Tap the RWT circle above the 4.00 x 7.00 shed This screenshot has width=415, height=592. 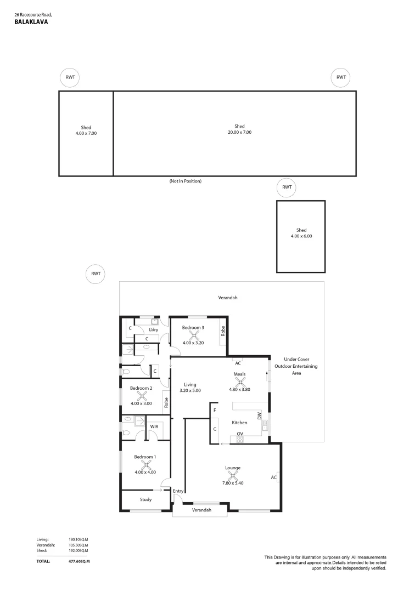pyautogui.click(x=70, y=77)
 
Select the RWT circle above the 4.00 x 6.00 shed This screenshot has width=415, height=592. pyautogui.click(x=287, y=187)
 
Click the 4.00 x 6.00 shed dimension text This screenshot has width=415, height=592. pyautogui.click(x=301, y=236)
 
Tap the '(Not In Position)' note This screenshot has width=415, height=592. pyautogui.click(x=186, y=180)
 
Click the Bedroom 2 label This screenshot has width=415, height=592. pyautogui.click(x=141, y=388)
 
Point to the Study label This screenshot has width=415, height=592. pyautogui.click(x=145, y=499)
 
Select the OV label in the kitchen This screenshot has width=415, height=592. pyautogui.click(x=240, y=434)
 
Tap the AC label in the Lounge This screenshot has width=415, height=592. pyautogui.click(x=273, y=477)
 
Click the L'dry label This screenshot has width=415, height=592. pyautogui.click(x=154, y=329)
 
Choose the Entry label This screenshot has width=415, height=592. pyautogui.click(x=178, y=491)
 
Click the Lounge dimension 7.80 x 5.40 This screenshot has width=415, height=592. pyautogui.click(x=232, y=483)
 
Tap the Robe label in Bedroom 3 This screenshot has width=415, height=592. pyautogui.click(x=223, y=331)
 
